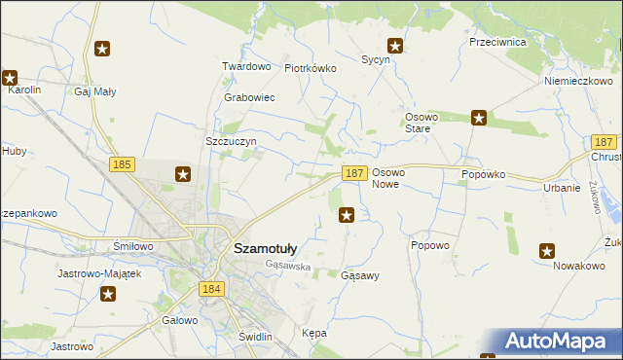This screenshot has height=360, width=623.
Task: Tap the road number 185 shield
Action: pos(122,166)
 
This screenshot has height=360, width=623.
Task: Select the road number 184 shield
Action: pos(210,289)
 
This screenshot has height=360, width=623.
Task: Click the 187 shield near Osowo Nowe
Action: pos(354,172)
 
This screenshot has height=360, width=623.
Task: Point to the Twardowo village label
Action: pos(246,67)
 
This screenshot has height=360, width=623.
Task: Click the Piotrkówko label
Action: pos(310,69)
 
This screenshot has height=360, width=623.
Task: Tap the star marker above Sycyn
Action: pos(395,45)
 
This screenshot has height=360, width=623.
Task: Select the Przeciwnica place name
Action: pos(496,43)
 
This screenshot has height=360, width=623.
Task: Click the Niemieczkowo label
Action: pos(577,81)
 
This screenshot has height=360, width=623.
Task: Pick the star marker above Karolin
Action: pos(10,77)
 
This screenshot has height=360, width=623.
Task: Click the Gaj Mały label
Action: pos(95,92)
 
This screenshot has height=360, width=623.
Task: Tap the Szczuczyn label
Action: pos(231,141)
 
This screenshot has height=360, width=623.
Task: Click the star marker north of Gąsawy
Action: pos(347,215)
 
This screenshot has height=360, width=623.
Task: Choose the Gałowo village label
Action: pos(180,319)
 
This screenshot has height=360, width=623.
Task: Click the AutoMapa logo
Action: pos(561,341)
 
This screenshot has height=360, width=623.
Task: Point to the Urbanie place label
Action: pos(563,188)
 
